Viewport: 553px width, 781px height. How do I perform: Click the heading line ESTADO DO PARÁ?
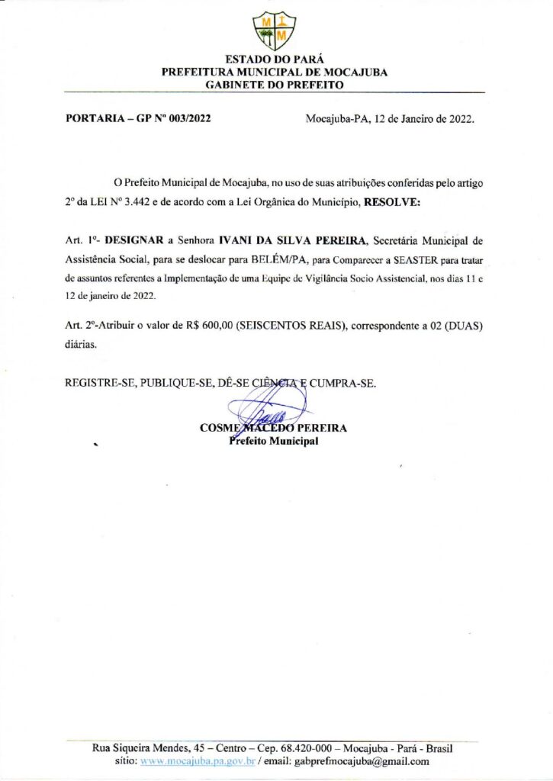275,59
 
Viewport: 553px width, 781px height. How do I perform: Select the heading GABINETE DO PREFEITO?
275,85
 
